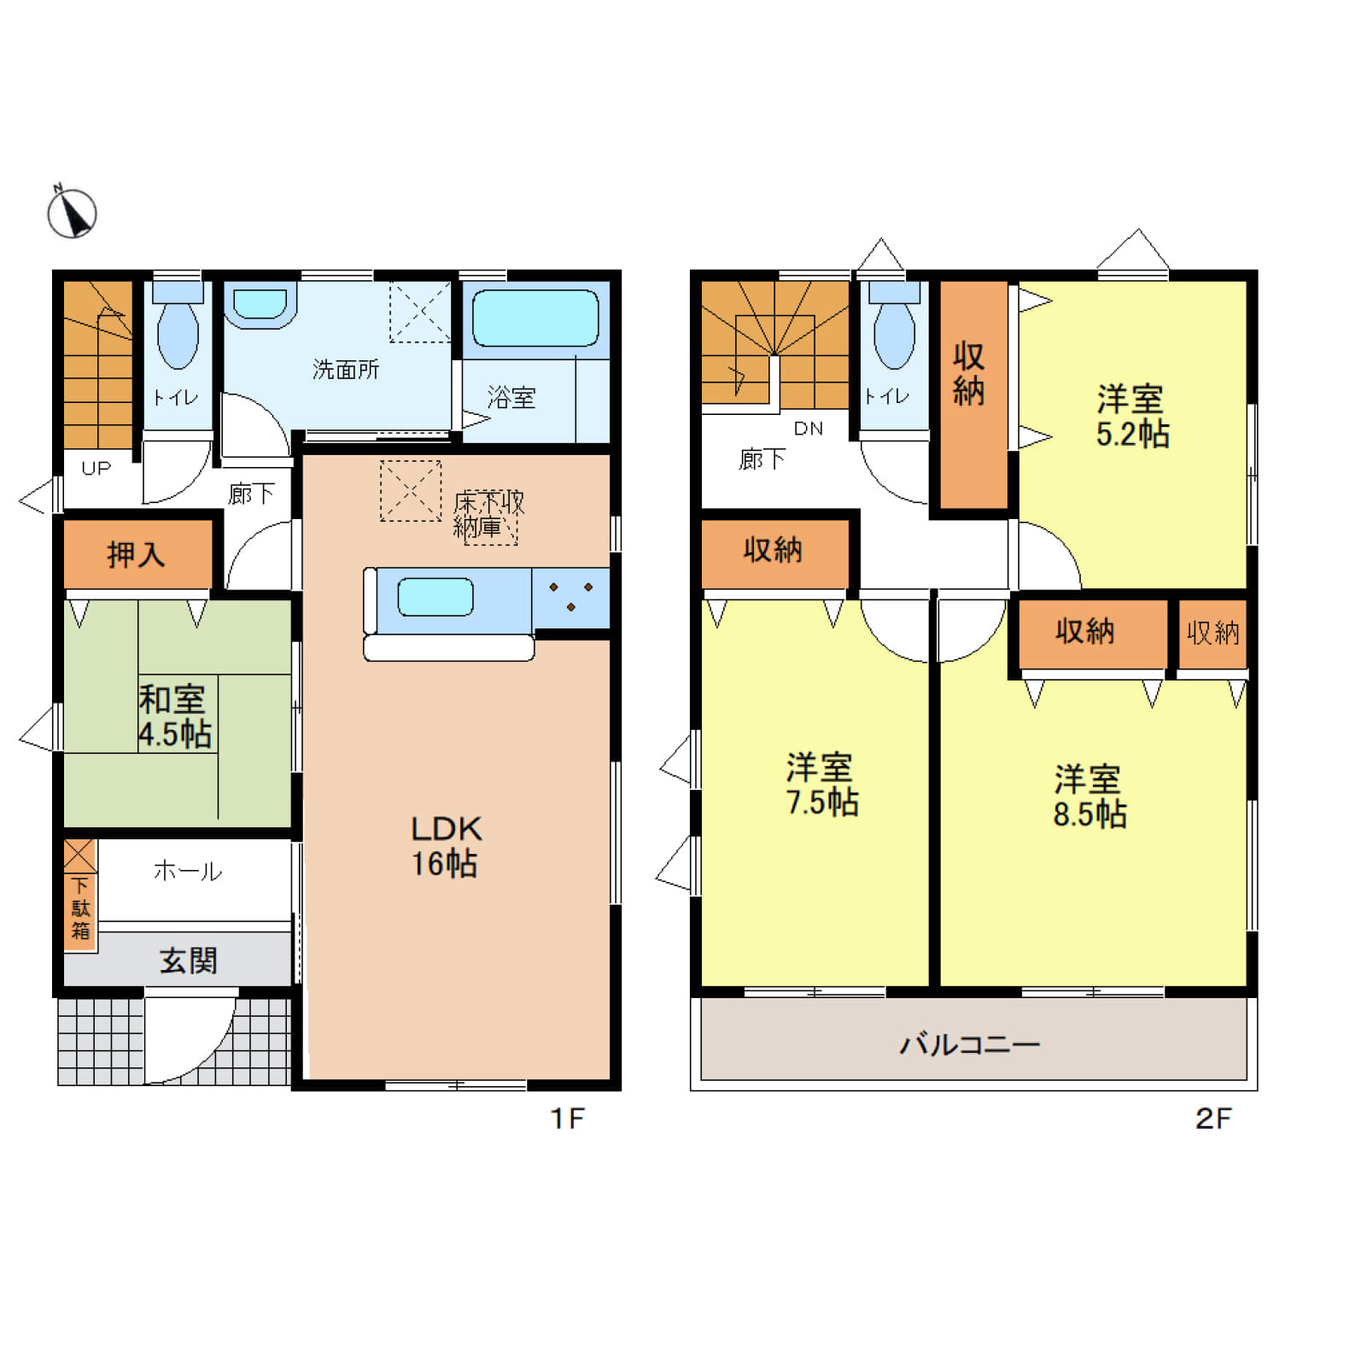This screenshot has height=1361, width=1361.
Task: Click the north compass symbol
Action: click(72, 212)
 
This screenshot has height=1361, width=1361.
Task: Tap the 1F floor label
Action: click(567, 1119)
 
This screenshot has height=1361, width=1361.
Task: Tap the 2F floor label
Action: click(1213, 1119)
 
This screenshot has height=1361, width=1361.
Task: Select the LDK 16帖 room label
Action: click(446, 845)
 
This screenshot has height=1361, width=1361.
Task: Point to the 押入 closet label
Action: click(136, 555)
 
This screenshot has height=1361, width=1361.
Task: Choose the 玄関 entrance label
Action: click(189, 961)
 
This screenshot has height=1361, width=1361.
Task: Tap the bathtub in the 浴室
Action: click(535, 318)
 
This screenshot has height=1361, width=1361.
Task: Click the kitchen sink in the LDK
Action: click(435, 597)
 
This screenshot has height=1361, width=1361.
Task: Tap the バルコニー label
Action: click(970, 1044)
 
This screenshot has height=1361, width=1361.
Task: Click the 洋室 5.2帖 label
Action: click(1132, 417)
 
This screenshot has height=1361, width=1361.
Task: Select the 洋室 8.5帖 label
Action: click(1089, 797)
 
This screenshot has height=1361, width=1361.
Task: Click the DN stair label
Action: click(809, 429)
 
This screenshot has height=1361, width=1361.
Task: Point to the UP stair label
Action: click(96, 468)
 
